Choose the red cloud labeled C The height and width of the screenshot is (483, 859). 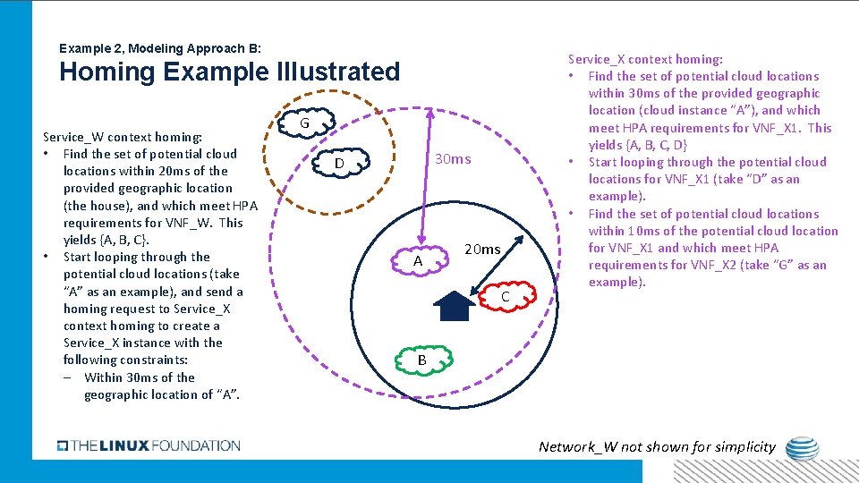[x=504, y=295]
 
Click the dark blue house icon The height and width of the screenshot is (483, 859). [x=455, y=306]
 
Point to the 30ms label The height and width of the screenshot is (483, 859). [x=452, y=159]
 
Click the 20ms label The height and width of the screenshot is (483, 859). [x=482, y=250]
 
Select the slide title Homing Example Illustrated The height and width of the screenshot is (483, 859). [x=229, y=72]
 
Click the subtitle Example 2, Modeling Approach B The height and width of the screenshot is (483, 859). [x=159, y=47]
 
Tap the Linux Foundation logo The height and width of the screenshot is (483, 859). [x=149, y=445]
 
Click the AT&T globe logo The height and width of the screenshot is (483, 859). [x=799, y=447]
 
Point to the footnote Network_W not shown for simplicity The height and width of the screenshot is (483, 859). [x=657, y=446]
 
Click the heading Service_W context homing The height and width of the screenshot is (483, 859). [x=123, y=137]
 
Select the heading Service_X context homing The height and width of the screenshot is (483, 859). [x=645, y=59]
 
